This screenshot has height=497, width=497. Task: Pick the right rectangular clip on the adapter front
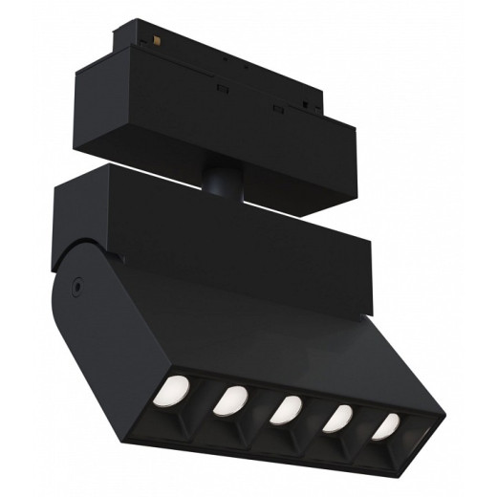pyautogui.click(x=278, y=106)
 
